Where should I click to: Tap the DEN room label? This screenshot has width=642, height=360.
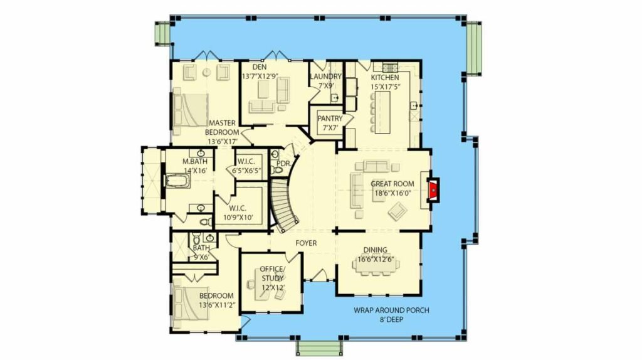pyautogui.click(x=259, y=67)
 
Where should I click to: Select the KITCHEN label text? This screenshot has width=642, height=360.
pyautogui.click(x=385, y=77)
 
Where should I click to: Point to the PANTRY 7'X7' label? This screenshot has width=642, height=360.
pyautogui.click(x=330, y=123)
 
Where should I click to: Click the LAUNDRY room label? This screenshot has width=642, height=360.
pyautogui.click(x=325, y=77)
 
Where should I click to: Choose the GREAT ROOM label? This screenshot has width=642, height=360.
pyautogui.click(x=392, y=184)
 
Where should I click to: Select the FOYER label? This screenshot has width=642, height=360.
pyautogui.click(x=306, y=243)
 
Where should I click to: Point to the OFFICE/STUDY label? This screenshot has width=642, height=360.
pyautogui.click(x=272, y=273)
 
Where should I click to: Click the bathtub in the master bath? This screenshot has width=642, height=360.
pyautogui.click(x=177, y=181)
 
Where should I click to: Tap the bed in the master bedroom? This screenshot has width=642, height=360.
pyautogui.click(x=191, y=110)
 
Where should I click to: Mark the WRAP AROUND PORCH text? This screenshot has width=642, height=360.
pyautogui.click(x=391, y=310)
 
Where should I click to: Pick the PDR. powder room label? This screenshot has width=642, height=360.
pyautogui.click(x=284, y=164)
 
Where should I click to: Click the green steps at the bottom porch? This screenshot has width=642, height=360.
pyautogui.click(x=319, y=347)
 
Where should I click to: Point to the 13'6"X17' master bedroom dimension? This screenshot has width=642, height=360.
pyautogui.click(x=223, y=142)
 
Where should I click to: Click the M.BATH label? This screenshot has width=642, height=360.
pyautogui.click(x=195, y=161)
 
